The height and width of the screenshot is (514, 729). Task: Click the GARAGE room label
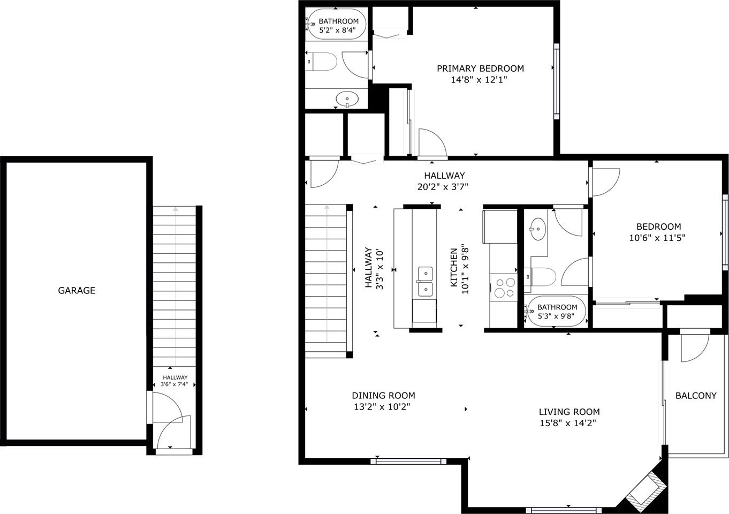click(x=77, y=290)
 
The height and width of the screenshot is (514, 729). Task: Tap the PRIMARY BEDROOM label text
click(x=480, y=69)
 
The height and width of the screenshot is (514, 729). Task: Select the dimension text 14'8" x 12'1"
click(x=479, y=80)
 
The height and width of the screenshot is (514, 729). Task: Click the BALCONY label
click(x=696, y=396)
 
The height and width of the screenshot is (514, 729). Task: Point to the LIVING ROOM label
click(x=569, y=412)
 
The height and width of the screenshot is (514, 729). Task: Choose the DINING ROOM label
click(x=383, y=396)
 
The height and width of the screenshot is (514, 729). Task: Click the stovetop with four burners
click(x=504, y=288)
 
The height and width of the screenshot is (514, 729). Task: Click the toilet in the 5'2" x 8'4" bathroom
click(x=322, y=62)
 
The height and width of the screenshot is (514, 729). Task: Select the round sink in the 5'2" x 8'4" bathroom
click(x=347, y=99)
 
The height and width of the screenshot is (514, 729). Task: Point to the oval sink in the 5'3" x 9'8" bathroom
click(x=537, y=229)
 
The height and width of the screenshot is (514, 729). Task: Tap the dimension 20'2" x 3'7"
click(x=443, y=187)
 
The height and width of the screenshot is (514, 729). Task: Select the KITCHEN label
click(x=454, y=268)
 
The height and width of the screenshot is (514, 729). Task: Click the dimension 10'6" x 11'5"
click(x=657, y=238)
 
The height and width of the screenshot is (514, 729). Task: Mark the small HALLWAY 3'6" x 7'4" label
click(x=175, y=381)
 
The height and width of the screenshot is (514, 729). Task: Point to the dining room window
click(x=408, y=462)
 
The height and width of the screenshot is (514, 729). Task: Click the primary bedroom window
click(x=557, y=81)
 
